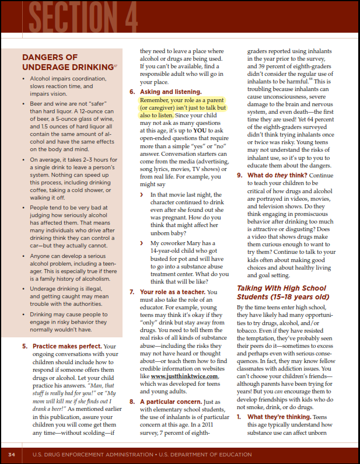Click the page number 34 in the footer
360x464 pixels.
12,454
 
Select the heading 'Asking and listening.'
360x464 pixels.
169,92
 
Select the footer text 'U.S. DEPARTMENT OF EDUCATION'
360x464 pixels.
225,454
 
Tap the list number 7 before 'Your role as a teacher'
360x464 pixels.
132,292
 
